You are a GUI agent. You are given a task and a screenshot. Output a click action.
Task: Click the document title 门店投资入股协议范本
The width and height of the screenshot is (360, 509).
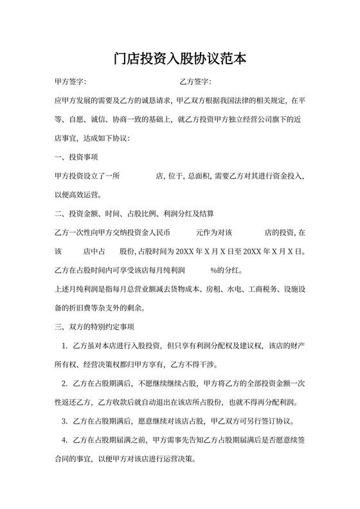point(180,59)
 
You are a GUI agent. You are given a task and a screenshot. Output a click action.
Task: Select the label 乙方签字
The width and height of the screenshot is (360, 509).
point(195,83)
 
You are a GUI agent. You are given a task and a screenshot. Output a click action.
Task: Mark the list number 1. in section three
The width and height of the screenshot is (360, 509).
point(65,347)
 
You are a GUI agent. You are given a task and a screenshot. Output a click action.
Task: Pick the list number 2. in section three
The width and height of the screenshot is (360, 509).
point(65,385)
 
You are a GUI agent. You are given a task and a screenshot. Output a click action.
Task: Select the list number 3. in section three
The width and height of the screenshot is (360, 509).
point(65,422)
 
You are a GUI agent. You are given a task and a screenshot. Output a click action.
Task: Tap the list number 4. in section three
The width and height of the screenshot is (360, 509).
point(65,441)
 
